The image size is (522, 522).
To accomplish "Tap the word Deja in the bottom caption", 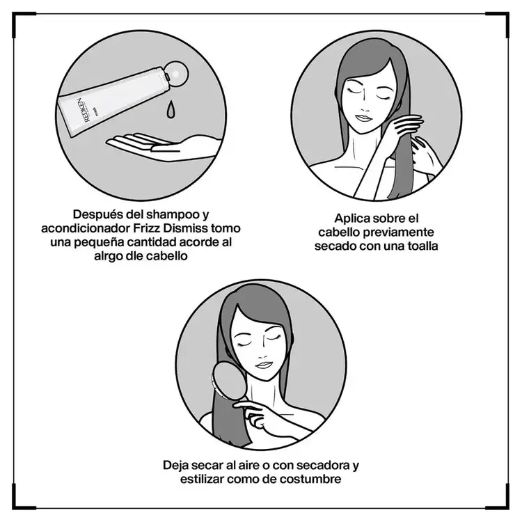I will click(176, 465).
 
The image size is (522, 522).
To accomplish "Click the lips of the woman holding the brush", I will click(262, 365).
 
